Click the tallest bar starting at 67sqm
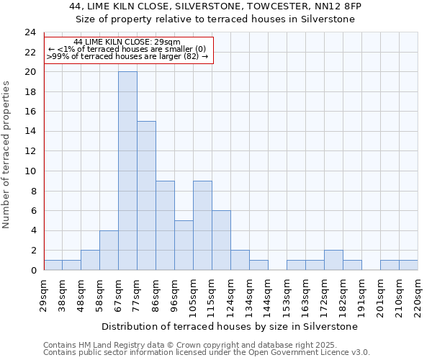[x=127, y=171]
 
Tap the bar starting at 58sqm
[x=109, y=250]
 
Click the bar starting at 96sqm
[x=184, y=245]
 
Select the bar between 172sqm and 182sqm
[x=333, y=260]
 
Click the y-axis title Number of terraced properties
[x=7, y=154]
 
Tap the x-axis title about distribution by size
[x=230, y=326]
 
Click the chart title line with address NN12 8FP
[x=215, y=6]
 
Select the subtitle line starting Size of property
[x=215, y=19]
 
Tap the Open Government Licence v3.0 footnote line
[x=207, y=353]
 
